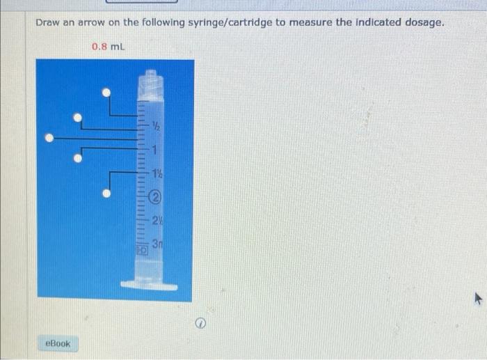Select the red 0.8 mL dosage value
coord(108,47)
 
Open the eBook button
coord(58,343)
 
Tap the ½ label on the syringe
coord(157,127)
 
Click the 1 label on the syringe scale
coord(157,150)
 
